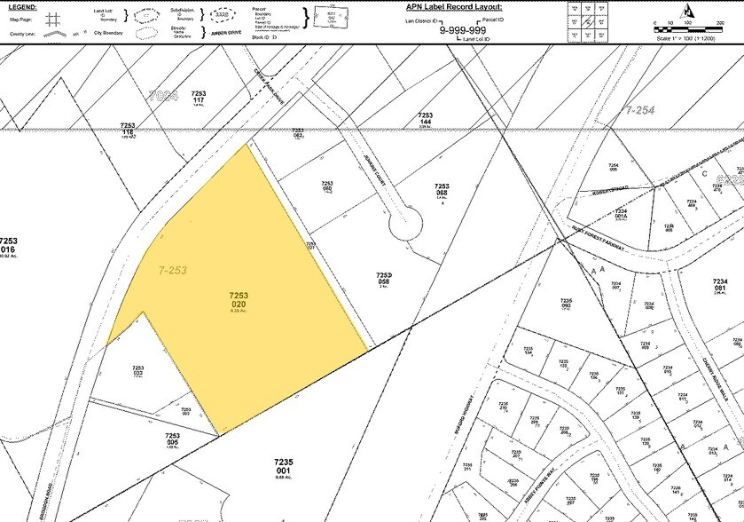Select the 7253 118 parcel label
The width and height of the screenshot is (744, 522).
[128, 130]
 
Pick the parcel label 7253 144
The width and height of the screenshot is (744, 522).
[425, 119]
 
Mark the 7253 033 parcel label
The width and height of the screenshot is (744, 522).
[137, 371]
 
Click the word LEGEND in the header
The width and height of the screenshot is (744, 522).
[22, 7]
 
